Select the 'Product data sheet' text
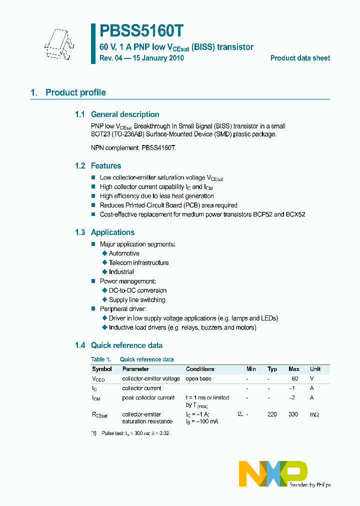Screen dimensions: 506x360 click(x=300, y=58)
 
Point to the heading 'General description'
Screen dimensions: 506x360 click(x=125, y=114)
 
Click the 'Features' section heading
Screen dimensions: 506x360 click(x=106, y=166)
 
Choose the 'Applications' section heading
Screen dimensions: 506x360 click(x=112, y=232)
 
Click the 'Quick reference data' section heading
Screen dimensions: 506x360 click(x=126, y=345)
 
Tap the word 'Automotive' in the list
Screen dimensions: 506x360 click(x=124, y=253)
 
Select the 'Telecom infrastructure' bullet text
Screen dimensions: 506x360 click(x=138, y=263)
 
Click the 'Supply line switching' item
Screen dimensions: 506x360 click(x=137, y=300)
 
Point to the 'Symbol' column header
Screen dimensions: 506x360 click(x=102, y=369)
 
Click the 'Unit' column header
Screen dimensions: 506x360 click(x=315, y=369)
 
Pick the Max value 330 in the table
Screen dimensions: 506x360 click(x=294, y=414)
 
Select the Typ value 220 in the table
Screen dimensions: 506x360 click(x=272, y=414)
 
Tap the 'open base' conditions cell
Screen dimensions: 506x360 click(x=198, y=378)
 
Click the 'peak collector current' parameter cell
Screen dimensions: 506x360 click(x=148, y=398)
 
